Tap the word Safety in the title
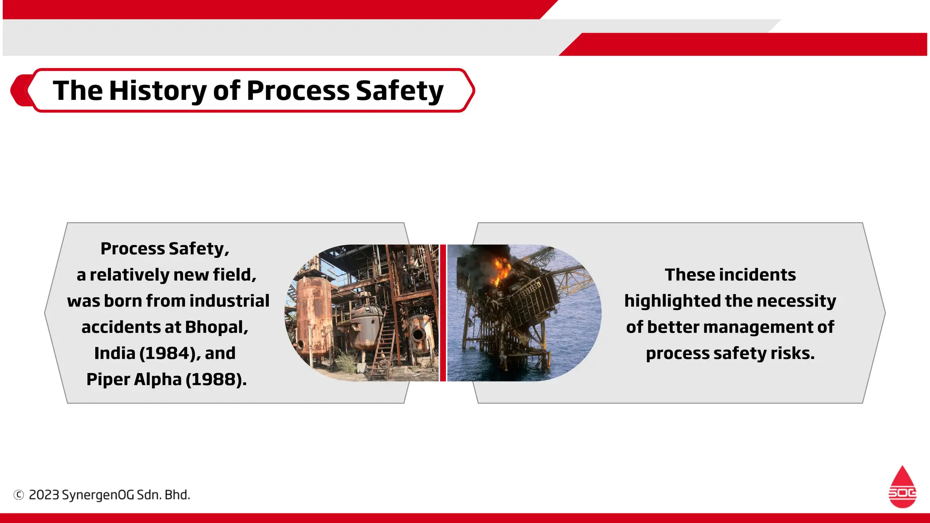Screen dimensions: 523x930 pyautogui.click(x=399, y=90)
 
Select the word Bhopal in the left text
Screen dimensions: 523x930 pyautogui.click(x=216, y=327)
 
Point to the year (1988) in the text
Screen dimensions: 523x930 pyautogui.click(x=216, y=380)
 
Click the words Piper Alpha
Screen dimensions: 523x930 pyautogui.click(x=134, y=380)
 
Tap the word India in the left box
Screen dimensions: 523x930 pyautogui.click(x=114, y=353)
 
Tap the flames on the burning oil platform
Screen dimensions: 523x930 pyautogui.click(x=501, y=270)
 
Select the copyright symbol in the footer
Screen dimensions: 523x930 pyautogui.click(x=19, y=495)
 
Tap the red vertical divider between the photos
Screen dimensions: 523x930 pyautogui.click(x=443, y=313)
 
